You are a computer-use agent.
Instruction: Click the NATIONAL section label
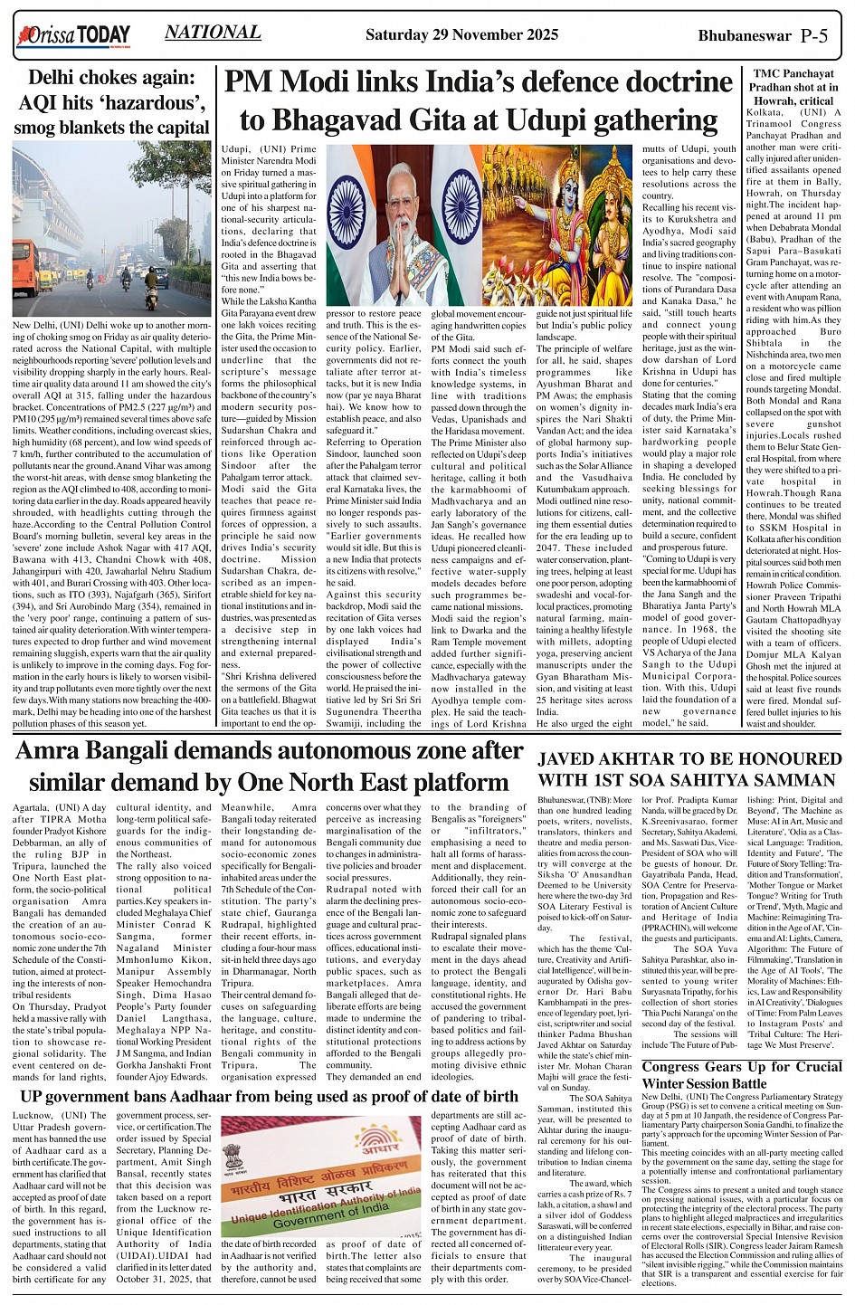214,33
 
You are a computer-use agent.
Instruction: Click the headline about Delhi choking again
113,103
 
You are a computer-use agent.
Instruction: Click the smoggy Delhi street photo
113,231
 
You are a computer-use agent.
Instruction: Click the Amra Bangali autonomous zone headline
269,767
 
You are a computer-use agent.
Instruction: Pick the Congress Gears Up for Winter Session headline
742,1075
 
